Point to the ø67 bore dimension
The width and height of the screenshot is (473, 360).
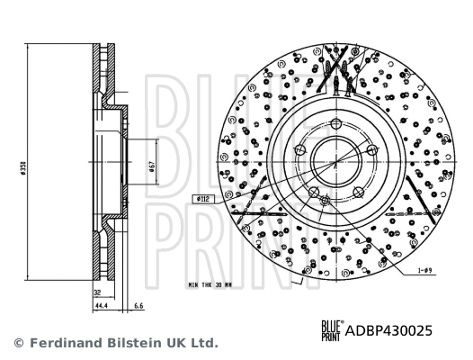[152, 167]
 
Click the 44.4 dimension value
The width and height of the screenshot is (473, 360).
[100, 306]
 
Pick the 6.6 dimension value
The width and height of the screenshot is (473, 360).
[138, 306]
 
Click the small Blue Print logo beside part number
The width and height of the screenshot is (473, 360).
[334, 330]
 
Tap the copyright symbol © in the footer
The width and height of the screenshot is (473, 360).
[18, 343]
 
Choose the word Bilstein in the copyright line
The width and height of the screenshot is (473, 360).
[130, 343]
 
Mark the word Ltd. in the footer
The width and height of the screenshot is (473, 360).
[204, 343]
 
